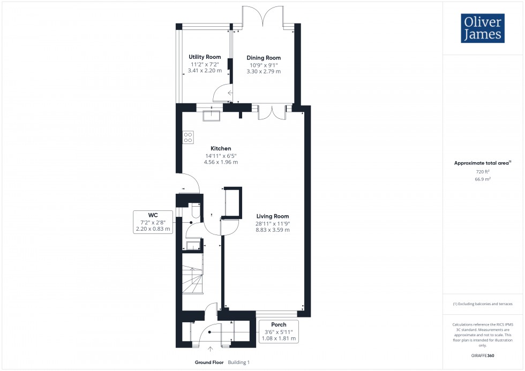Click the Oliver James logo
point(483,28)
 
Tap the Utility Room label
point(205,57)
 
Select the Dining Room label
point(263,58)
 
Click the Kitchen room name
point(221,148)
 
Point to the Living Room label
point(272,216)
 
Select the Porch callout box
point(279,331)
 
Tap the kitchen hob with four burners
point(188,137)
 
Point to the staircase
point(192,274)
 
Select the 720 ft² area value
point(483,172)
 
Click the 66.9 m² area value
point(483,179)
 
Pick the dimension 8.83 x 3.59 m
point(272,230)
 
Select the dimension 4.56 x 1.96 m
point(221,162)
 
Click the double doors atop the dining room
point(262,17)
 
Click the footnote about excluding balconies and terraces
point(483,304)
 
